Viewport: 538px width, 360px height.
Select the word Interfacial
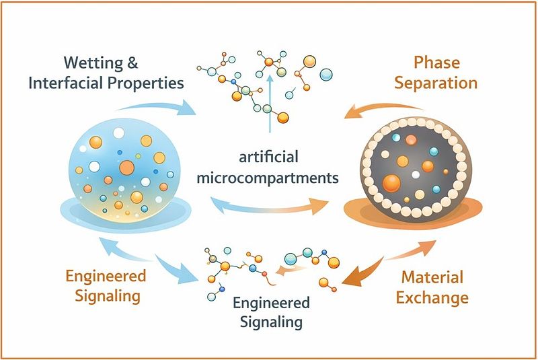pyautogui.click(x=66, y=83)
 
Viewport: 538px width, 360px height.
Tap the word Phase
pyautogui.click(x=436, y=63)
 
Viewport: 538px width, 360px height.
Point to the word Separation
pyautogui.click(x=436, y=83)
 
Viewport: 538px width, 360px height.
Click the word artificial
pyautogui.click(x=268, y=157)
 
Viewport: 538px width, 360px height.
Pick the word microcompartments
pyautogui.click(x=268, y=178)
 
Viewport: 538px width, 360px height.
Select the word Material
pyautogui.click(x=432, y=277)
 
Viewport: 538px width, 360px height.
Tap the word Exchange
pyautogui.click(x=432, y=297)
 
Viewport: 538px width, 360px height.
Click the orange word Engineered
pyautogui.click(x=106, y=277)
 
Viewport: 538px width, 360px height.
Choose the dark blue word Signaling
pyautogui.click(x=271, y=322)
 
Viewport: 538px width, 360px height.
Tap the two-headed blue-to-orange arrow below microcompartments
pyautogui.click(x=270, y=207)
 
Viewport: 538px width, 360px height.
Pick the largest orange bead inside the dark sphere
pyautogui.click(x=391, y=183)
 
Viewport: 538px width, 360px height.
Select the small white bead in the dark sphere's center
pyautogui.click(x=416, y=175)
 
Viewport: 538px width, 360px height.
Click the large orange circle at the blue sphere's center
pyautogui.click(x=126, y=168)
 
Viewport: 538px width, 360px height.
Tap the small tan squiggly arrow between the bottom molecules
pyautogui.click(x=290, y=270)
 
